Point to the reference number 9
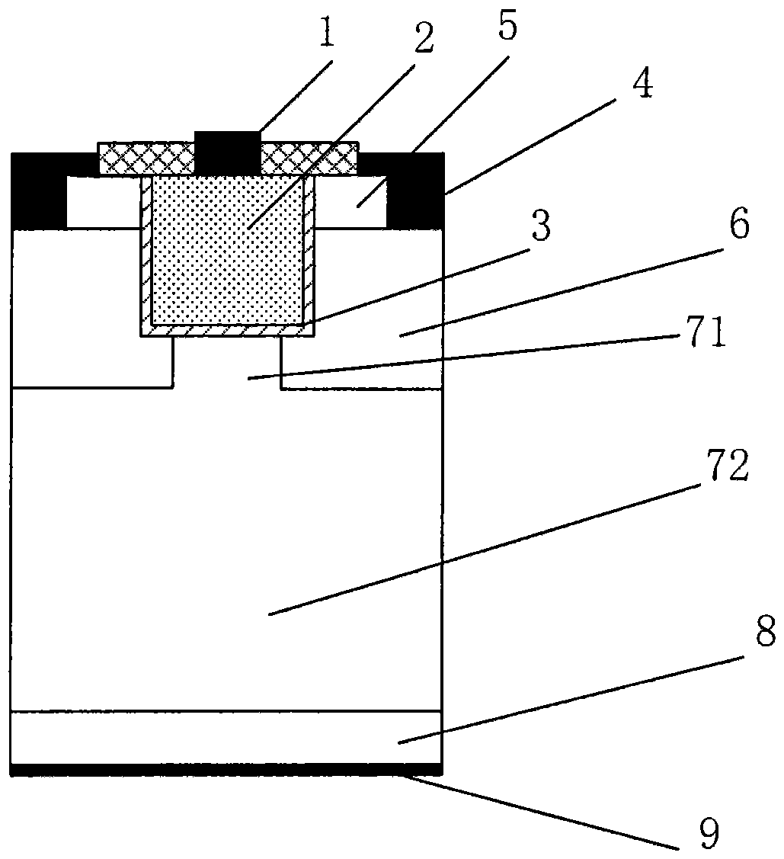(x=708, y=832)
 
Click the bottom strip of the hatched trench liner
(x=227, y=330)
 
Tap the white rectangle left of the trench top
(x=103, y=202)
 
